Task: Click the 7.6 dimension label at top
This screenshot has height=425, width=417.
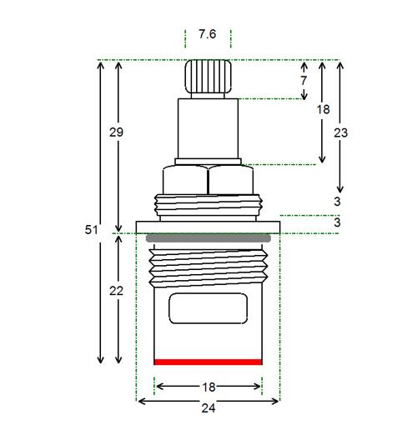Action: click(x=208, y=34)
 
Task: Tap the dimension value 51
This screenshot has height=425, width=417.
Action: click(x=92, y=230)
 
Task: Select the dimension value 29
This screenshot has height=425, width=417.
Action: click(x=116, y=132)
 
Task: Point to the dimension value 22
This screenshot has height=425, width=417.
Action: click(x=116, y=291)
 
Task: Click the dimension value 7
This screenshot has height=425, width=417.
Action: click(x=304, y=81)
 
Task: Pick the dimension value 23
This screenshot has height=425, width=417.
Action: click(x=341, y=133)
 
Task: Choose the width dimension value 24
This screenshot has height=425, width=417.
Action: click(x=208, y=408)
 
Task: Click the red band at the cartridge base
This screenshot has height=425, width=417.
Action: click(x=208, y=362)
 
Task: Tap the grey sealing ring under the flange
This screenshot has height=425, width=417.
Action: click(x=208, y=238)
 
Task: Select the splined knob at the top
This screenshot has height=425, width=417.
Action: click(x=208, y=77)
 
